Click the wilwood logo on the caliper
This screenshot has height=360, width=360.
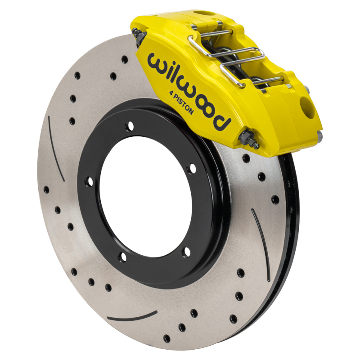189,90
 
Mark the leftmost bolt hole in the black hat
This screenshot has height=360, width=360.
89,181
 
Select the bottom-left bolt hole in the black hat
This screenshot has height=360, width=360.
122,256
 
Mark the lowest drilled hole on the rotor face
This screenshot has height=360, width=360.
166,338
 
